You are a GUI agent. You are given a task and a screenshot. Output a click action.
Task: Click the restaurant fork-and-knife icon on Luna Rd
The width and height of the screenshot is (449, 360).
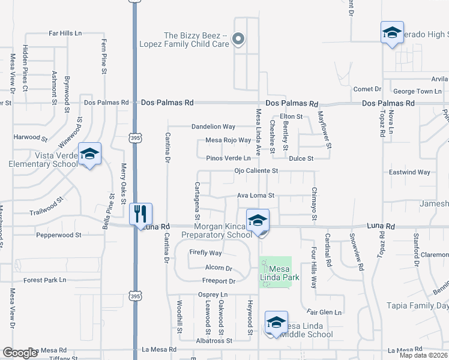(x=140, y=214)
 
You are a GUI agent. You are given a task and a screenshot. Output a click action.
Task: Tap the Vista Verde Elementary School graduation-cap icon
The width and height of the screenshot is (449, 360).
(x=90, y=154)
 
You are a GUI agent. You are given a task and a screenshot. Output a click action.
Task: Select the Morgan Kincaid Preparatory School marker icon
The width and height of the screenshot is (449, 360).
(x=258, y=220)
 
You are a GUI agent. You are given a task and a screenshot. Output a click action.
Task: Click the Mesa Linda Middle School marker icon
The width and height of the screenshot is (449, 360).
(x=276, y=322)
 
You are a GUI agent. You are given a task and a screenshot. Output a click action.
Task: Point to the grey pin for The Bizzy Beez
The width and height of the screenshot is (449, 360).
(x=238, y=40)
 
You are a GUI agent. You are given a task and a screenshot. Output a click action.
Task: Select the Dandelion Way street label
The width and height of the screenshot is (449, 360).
(x=213, y=127)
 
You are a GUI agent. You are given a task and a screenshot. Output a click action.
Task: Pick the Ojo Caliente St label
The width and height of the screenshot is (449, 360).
(x=255, y=171)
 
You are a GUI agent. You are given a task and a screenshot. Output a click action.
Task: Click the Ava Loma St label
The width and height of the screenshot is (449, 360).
(x=255, y=196)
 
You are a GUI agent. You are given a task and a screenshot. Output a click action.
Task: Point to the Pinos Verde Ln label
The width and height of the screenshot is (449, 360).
(x=228, y=158)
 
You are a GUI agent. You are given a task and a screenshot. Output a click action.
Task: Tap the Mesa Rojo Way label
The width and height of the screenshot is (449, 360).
(x=228, y=140)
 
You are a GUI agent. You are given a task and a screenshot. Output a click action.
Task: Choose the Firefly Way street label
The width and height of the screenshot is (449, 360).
(x=206, y=253)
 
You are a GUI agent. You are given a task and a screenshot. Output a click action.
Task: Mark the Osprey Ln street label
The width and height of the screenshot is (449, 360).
(x=213, y=295)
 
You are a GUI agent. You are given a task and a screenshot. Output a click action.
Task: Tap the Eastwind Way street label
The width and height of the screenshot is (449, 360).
(x=409, y=172)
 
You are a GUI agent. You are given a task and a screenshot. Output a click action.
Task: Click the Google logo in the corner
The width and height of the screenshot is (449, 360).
(x=20, y=353)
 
